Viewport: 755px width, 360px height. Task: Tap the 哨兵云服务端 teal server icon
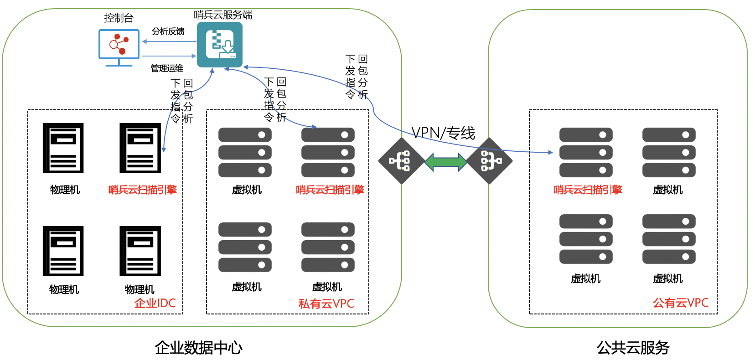220,45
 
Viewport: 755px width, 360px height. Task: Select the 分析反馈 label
168,31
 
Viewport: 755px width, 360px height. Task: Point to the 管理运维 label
167,68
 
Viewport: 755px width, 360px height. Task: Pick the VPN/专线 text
443,133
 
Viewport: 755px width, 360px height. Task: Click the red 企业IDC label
155,303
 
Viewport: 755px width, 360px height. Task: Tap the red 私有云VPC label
326,304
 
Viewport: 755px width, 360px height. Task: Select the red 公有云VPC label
681,303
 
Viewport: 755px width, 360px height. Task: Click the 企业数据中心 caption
198,348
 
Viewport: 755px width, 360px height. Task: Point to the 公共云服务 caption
633,348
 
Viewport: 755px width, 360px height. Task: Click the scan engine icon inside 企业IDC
140,148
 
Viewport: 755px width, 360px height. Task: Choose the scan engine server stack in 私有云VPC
328,152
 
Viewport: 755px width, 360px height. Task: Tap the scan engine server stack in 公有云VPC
586,152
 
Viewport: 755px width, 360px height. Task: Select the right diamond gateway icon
489,161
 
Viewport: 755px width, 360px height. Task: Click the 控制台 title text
119,18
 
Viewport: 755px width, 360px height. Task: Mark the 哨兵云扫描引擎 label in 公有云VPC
588,190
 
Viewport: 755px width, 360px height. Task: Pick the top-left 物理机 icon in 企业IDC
63,148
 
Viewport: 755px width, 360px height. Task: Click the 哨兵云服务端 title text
223,15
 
